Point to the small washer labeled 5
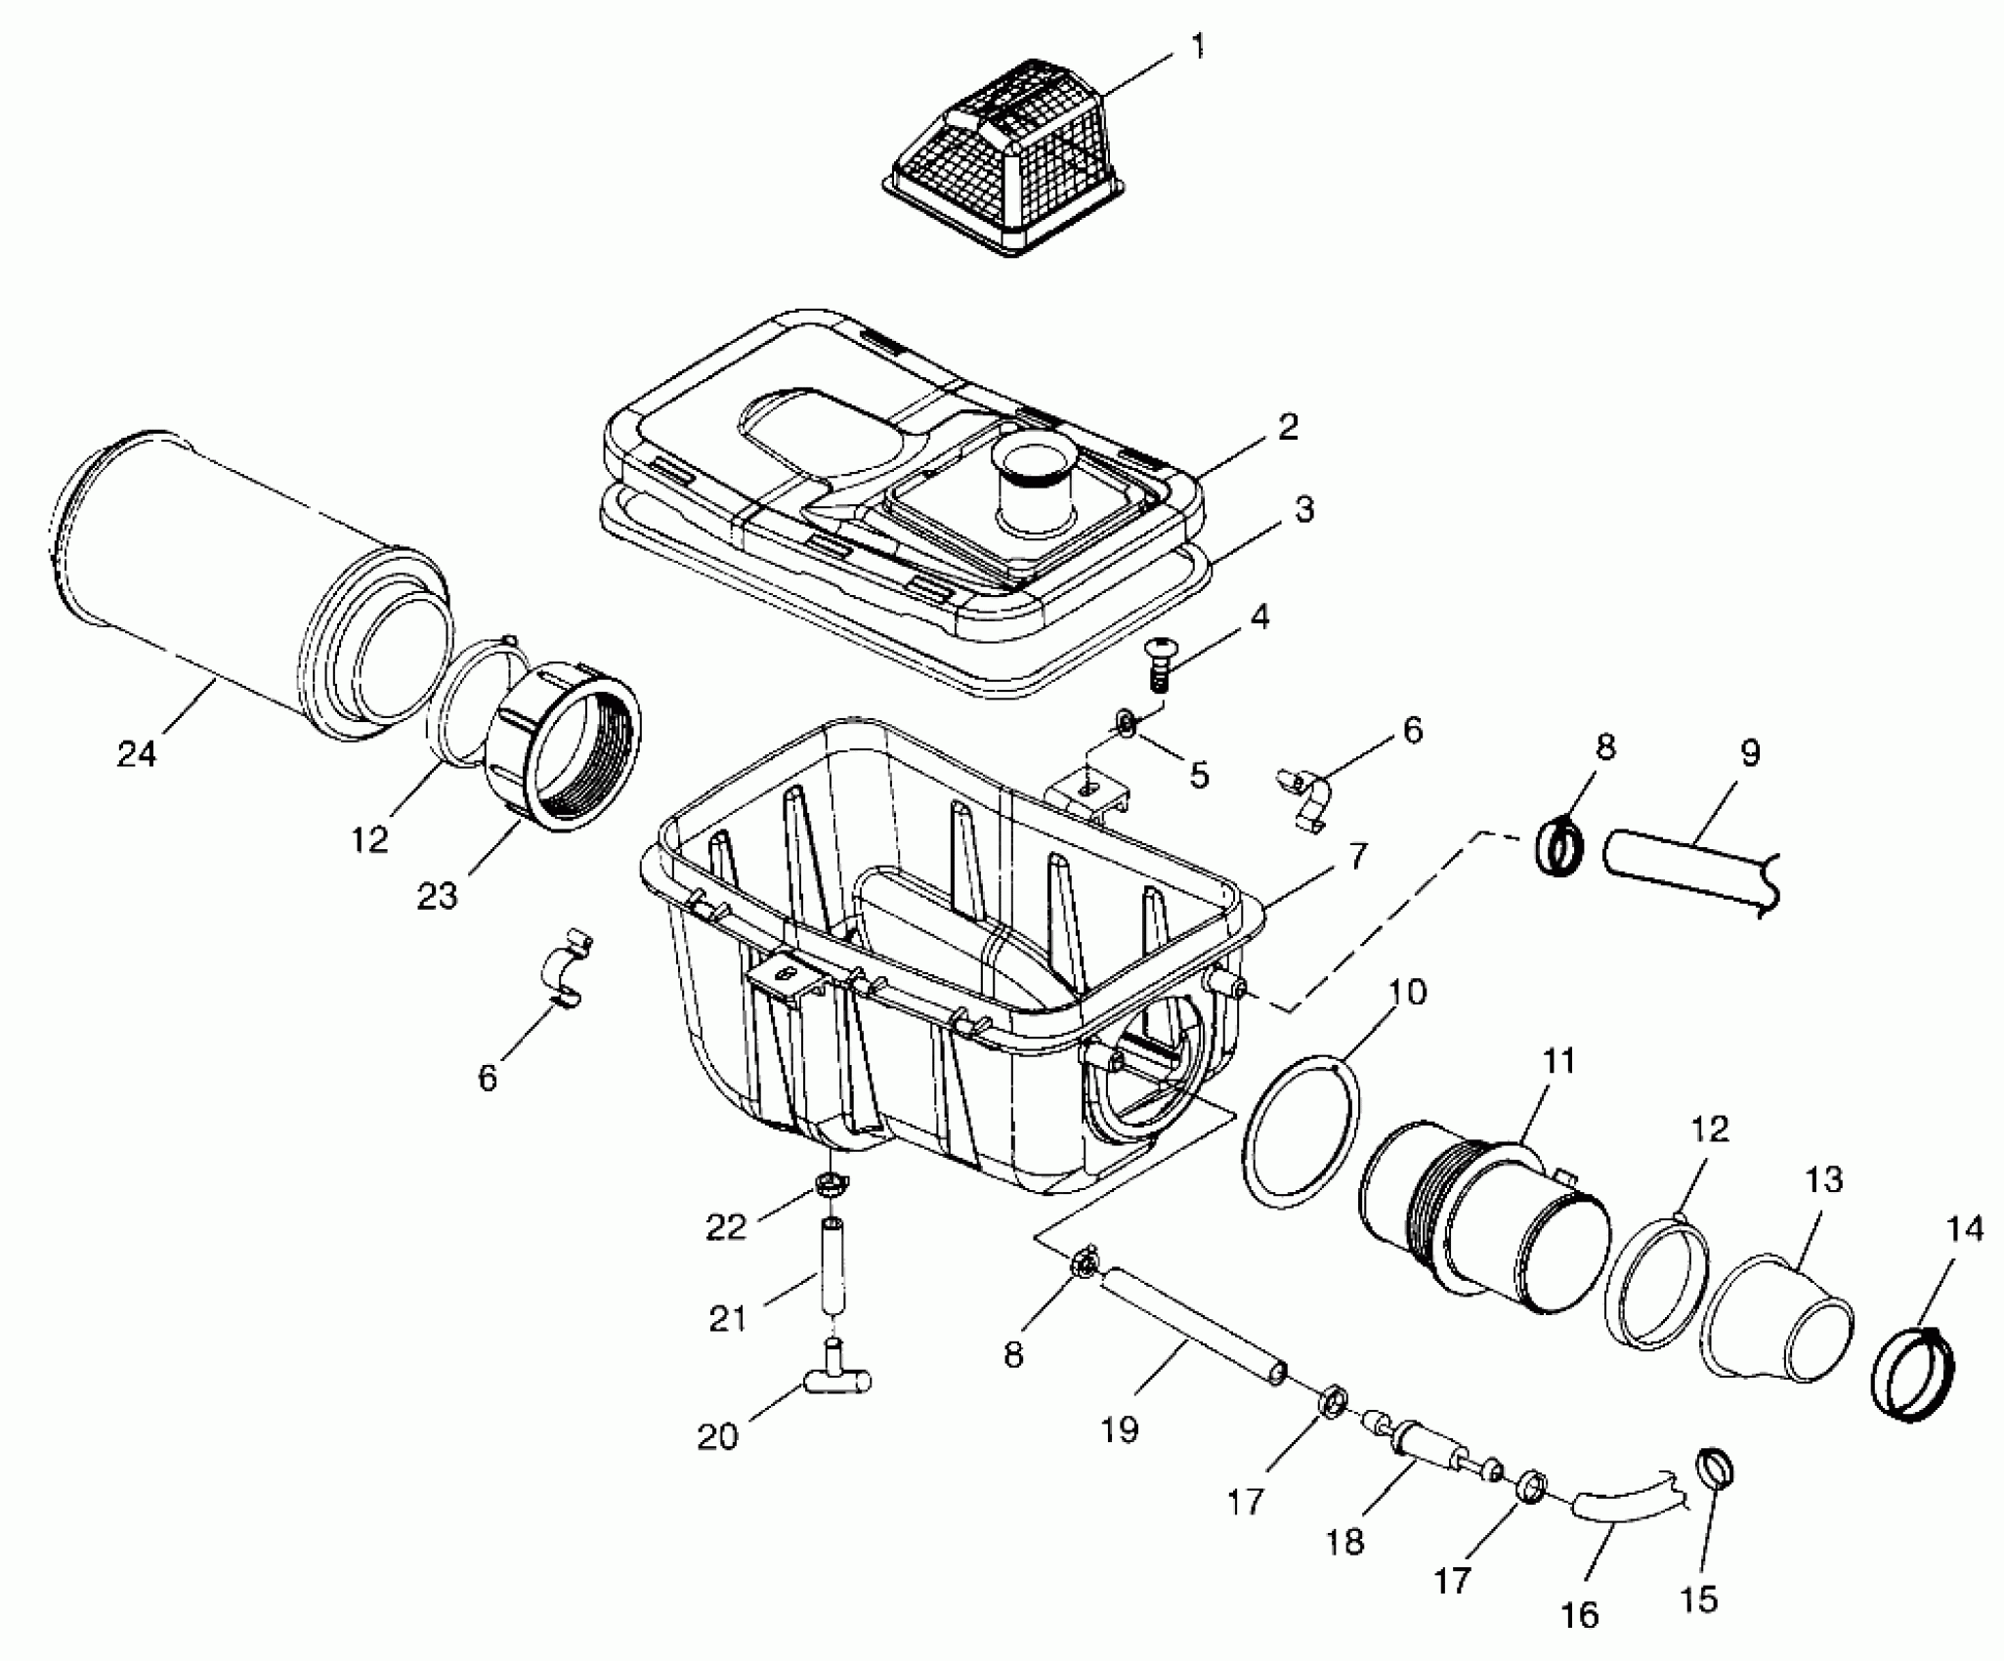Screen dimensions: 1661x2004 coord(1127,725)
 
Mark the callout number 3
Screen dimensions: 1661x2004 coord(1304,510)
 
